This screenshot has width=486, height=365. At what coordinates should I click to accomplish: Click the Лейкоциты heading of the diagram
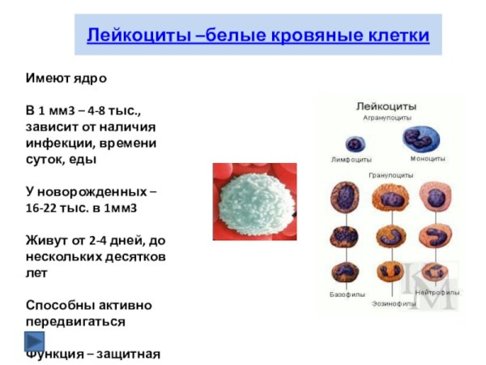pos(387,106)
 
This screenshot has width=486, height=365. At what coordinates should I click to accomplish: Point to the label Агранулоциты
pos(386,118)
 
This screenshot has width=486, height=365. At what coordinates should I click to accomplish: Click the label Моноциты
pos(427,158)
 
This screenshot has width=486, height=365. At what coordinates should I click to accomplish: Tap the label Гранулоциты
pos(390,174)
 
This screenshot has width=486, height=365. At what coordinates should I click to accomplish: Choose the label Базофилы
pos(347,294)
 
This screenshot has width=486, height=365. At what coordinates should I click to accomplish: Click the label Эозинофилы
pos(394,303)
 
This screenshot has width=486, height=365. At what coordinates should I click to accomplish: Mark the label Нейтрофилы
pos(437,291)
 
